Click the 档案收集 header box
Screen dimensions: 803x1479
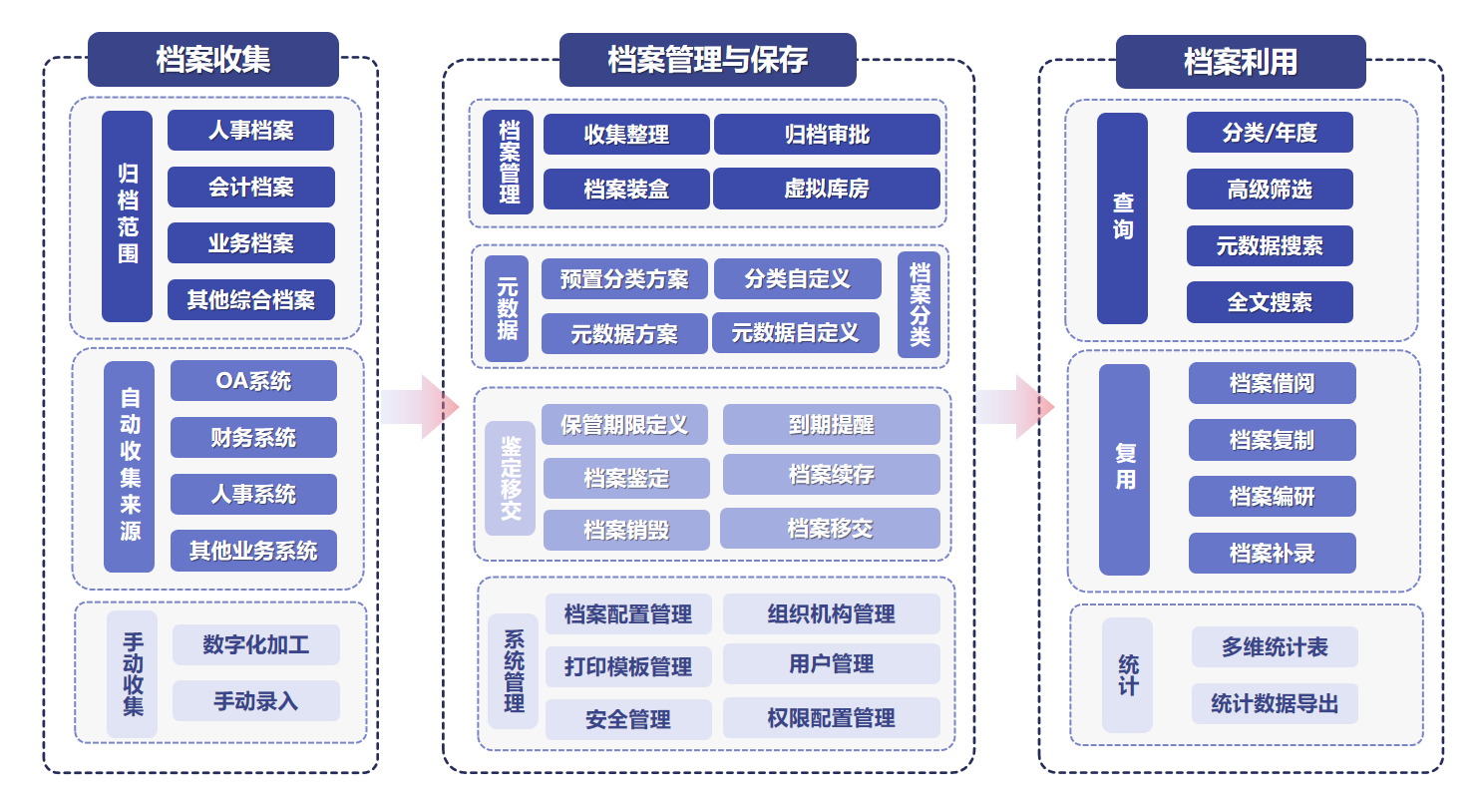pyautogui.click(x=212, y=60)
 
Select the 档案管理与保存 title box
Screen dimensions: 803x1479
pyautogui.click(x=707, y=60)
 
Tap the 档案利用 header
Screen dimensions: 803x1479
pyautogui.click(x=1240, y=62)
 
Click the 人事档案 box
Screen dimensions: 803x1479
pyautogui.click(x=250, y=131)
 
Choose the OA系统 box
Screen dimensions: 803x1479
pyautogui.click(x=253, y=381)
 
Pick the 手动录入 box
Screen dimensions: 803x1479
pyautogui.click(x=255, y=701)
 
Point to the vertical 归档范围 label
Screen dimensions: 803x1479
pyautogui.click(x=128, y=215)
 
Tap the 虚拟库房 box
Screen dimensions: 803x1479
pyautogui.click(x=827, y=189)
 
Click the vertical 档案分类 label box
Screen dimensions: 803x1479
pyautogui.click(x=919, y=304)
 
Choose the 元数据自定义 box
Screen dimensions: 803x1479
pyautogui.click(x=795, y=333)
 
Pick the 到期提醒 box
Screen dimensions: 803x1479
pyautogui.click(x=831, y=425)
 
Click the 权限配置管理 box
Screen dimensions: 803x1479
pyautogui.click(x=831, y=718)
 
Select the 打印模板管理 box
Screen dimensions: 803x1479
pyautogui.click(x=628, y=666)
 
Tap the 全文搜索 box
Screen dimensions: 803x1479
pyautogui.click(x=1270, y=302)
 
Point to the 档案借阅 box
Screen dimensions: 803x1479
pyautogui.click(x=1272, y=383)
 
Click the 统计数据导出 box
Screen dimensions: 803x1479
pyautogui.click(x=1275, y=704)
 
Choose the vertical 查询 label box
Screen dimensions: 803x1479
pyautogui.click(x=1122, y=217)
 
